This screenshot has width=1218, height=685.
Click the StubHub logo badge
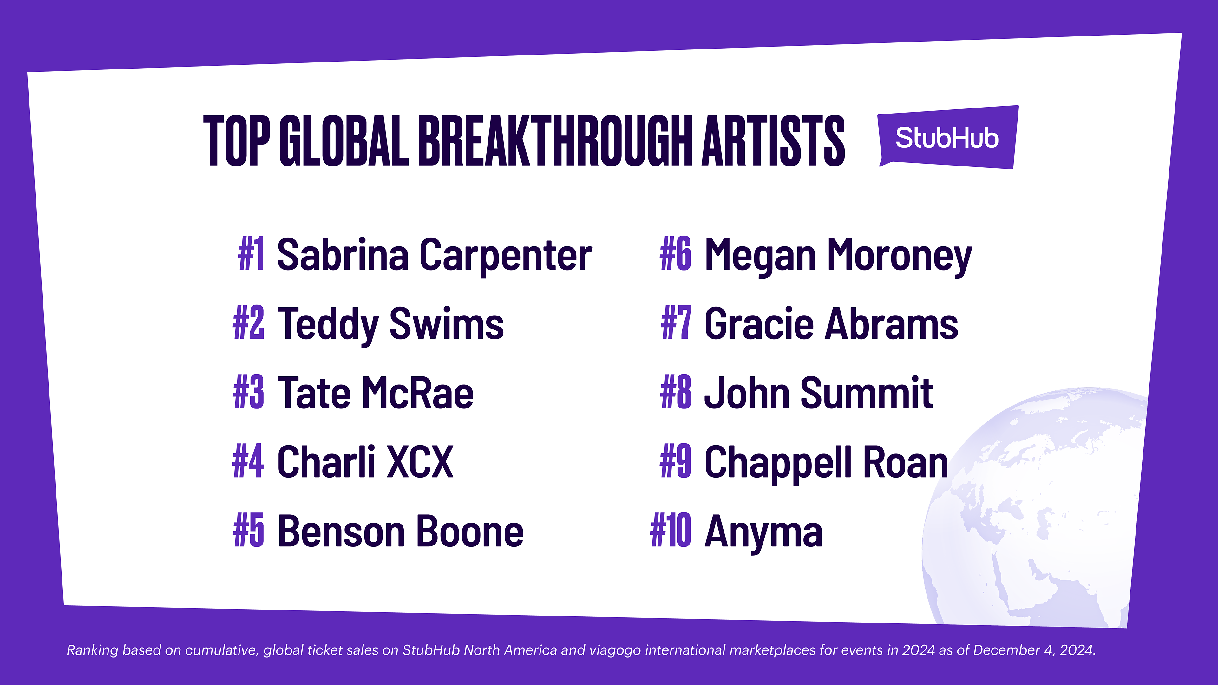coord(947,138)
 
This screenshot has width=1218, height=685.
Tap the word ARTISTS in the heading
coord(774,140)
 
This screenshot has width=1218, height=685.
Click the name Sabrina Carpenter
coord(434,255)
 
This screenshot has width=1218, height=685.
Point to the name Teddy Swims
coord(390,324)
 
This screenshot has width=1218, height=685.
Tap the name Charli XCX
coord(365,462)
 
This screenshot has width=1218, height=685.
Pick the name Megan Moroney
coord(838,255)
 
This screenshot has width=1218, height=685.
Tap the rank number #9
coord(676,462)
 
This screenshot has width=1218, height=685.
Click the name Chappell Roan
coord(827,462)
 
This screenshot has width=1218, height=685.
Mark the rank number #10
coord(671,532)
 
